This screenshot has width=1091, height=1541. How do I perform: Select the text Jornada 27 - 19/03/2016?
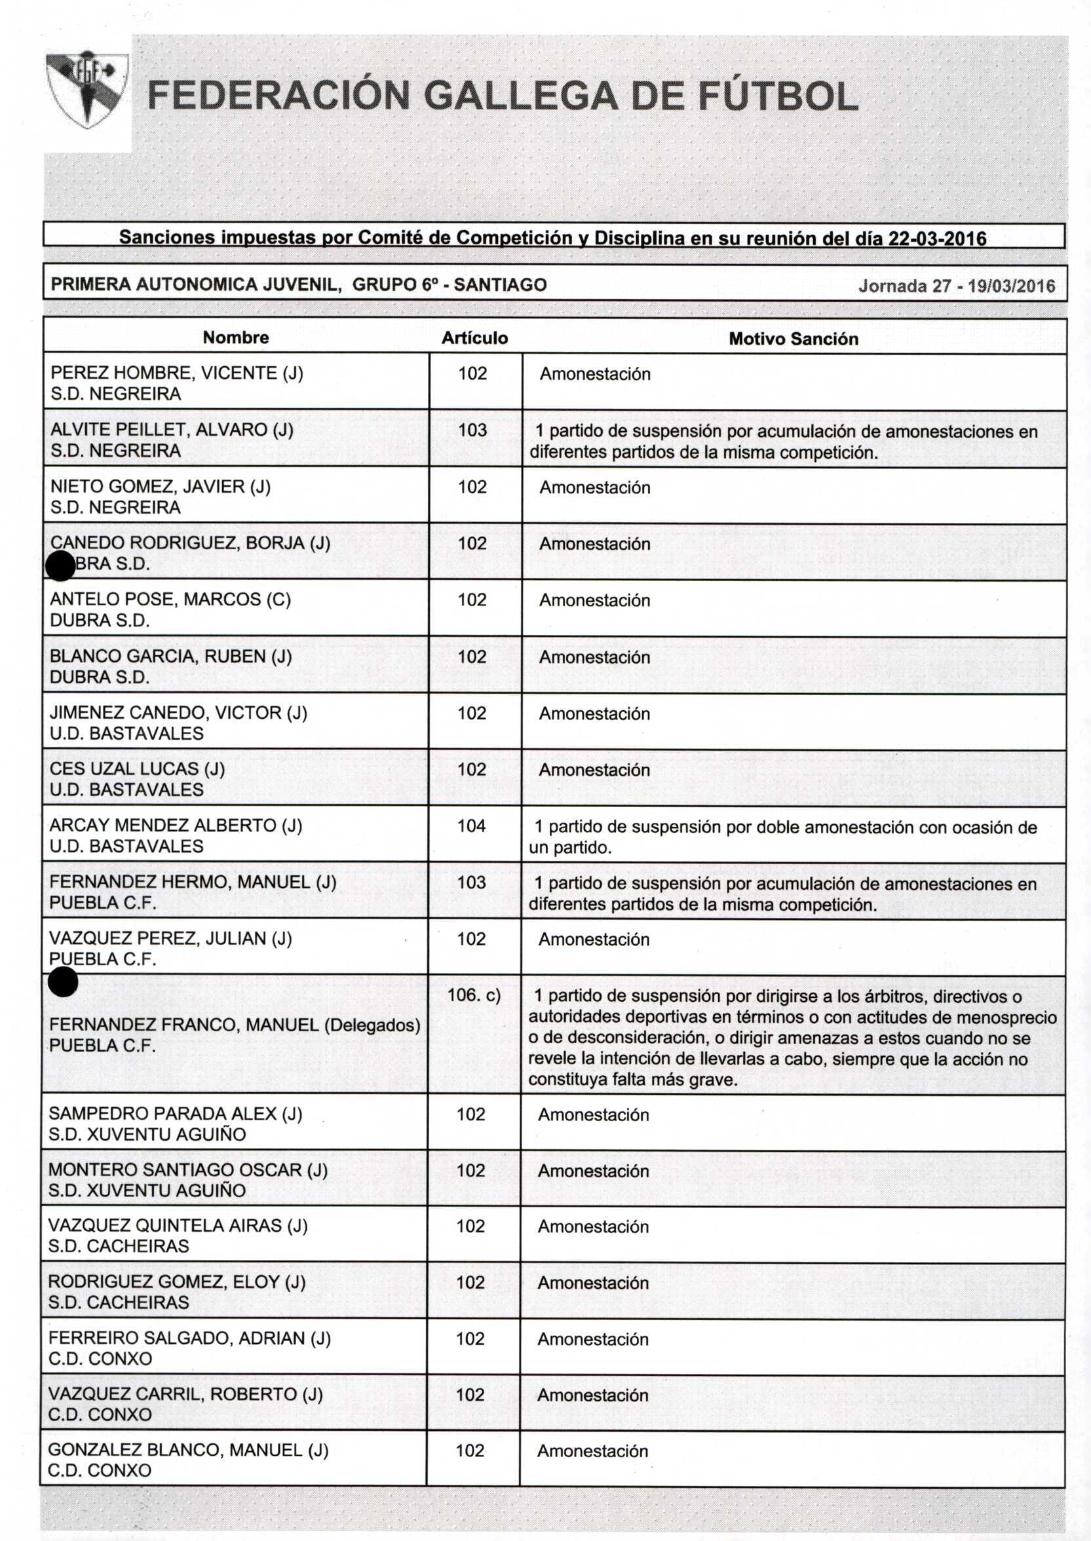[x=957, y=286]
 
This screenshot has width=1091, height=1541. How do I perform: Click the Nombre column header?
[x=236, y=337]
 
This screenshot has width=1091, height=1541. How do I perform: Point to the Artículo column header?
[x=474, y=338]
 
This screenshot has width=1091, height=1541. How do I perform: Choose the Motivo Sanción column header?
[x=794, y=339]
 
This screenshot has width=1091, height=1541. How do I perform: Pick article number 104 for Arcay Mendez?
[x=472, y=826]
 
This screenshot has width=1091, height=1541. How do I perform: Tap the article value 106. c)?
[x=474, y=995]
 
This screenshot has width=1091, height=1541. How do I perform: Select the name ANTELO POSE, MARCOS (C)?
[x=170, y=599]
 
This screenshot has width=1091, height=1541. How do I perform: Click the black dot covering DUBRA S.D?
[x=60, y=565]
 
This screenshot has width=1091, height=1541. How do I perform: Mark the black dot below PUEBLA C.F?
[x=63, y=983]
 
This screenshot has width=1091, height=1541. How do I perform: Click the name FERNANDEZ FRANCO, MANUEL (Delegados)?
[x=235, y=1025]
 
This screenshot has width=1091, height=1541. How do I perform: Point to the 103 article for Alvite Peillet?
[x=472, y=430]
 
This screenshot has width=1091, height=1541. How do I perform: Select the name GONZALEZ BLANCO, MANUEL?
[x=188, y=1450]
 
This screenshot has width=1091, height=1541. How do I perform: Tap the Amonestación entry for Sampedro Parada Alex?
[x=593, y=1114]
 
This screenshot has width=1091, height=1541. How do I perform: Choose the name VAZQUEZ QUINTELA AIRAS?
[x=178, y=1225]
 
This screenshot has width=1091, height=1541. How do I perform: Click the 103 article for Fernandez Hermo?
[x=472, y=882]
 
